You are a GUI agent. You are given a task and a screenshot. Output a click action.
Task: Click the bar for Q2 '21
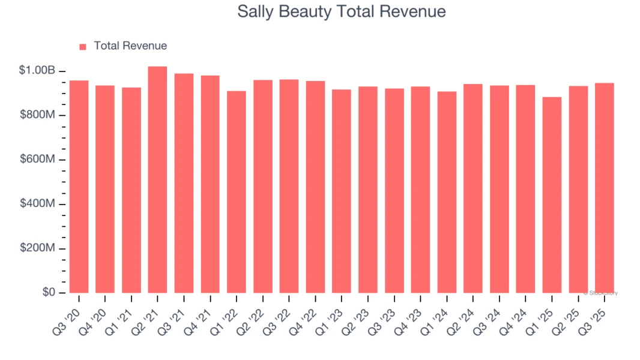pos(157,180)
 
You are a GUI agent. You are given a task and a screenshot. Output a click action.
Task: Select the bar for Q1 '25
pos(552,195)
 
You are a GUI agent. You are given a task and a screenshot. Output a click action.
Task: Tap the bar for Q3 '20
pos(79,187)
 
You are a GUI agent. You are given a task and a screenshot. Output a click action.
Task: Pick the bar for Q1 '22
pos(237,192)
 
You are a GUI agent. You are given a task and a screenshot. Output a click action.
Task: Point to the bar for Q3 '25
pos(605,188)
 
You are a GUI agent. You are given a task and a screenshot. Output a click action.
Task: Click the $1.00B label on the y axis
pos(37,71)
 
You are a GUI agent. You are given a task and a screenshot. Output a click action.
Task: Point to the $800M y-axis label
pos(37,115)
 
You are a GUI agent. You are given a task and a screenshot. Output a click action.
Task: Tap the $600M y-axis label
pos(37,160)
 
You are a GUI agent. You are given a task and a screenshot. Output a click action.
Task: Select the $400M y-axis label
pos(37,204)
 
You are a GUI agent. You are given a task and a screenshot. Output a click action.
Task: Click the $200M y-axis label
pos(37,248)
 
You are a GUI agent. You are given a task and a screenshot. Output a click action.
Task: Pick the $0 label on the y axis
pos(49,293)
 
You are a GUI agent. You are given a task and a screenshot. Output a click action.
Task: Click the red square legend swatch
pos(83,46)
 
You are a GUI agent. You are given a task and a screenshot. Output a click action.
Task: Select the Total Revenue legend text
pos(130,46)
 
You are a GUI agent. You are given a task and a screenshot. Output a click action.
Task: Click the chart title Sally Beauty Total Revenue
pos(342,11)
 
